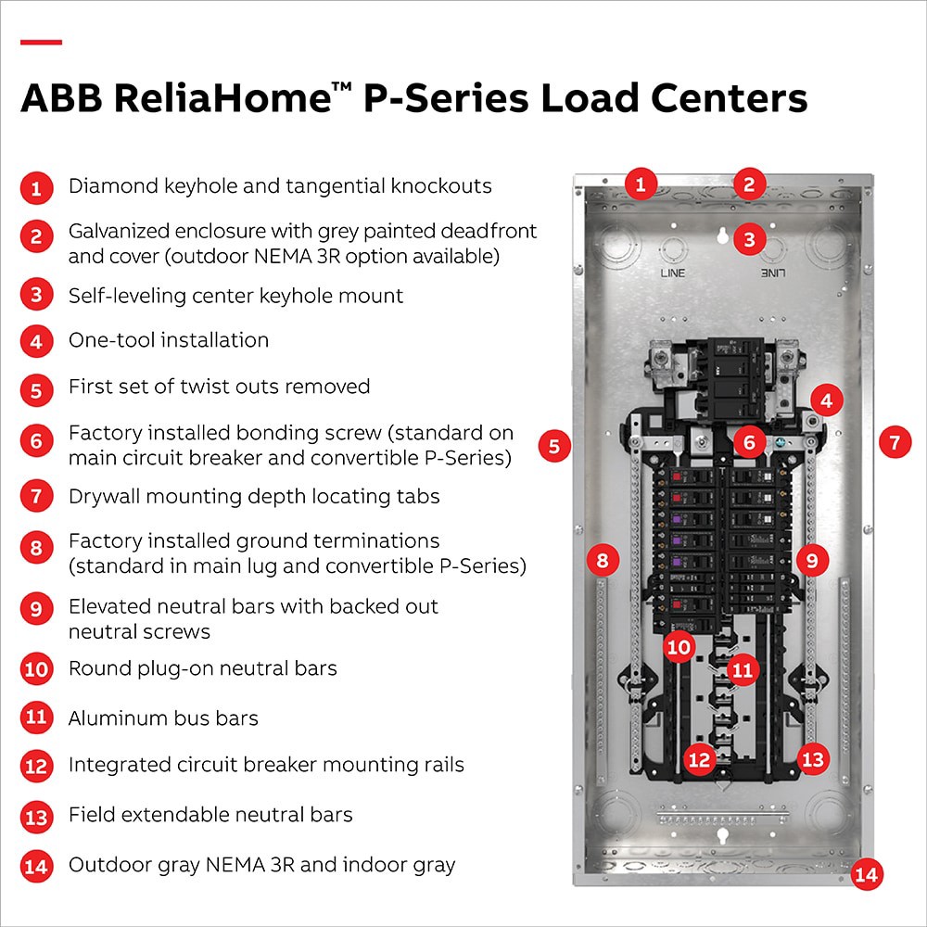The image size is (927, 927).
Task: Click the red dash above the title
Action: [41, 42]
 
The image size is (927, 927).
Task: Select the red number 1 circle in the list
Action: [35, 188]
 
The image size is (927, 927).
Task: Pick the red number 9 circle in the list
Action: [35, 609]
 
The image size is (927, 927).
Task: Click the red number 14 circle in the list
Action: [35, 868]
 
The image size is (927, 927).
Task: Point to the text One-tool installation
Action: [169, 340]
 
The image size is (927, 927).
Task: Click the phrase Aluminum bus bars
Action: [163, 718]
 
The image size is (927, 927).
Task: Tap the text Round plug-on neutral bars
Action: [203, 668]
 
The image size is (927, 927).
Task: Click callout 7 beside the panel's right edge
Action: [895, 442]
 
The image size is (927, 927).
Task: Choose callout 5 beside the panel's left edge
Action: [554, 446]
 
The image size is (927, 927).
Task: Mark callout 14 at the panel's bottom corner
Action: [868, 874]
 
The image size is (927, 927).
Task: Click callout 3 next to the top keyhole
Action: [749, 240]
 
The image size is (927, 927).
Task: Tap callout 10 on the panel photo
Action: [679, 646]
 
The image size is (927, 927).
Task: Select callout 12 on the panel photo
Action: [699, 760]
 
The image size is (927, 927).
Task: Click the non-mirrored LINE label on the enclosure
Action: [672, 273]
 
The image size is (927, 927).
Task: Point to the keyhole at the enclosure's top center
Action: [720, 237]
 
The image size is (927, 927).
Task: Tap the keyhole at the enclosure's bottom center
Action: [721, 835]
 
